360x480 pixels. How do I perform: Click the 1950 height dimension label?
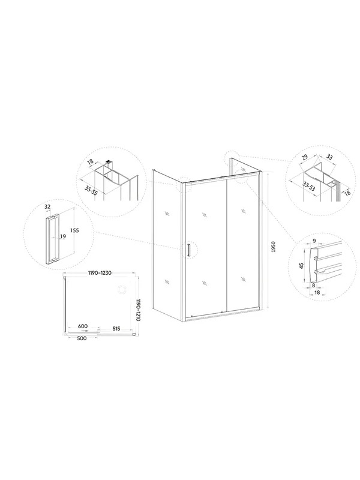coord(274,247)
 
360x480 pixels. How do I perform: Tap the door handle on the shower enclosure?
coord(189,250)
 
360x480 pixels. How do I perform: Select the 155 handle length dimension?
coord(74,230)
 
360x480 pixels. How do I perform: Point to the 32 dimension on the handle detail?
coord(47,207)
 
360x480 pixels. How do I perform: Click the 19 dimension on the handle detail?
coord(63,236)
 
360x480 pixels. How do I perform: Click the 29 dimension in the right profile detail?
coord(305,158)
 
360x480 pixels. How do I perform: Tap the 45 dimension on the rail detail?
coord(301,266)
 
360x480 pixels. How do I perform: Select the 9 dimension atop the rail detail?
coord(314,241)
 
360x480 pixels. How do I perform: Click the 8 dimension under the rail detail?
coord(313,286)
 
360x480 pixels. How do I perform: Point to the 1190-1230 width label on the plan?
coord(100,273)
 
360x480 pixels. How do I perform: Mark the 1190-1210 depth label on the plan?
coord(138,310)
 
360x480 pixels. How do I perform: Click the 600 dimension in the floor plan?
coord(83,326)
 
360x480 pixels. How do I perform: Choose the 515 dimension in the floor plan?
coord(116,329)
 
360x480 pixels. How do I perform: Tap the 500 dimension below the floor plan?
coord(82,338)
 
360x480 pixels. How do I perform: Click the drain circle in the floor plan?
coord(122,289)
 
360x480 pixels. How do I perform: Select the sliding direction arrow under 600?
coord(83,331)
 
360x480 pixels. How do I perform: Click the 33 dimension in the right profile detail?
coord(329,157)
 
